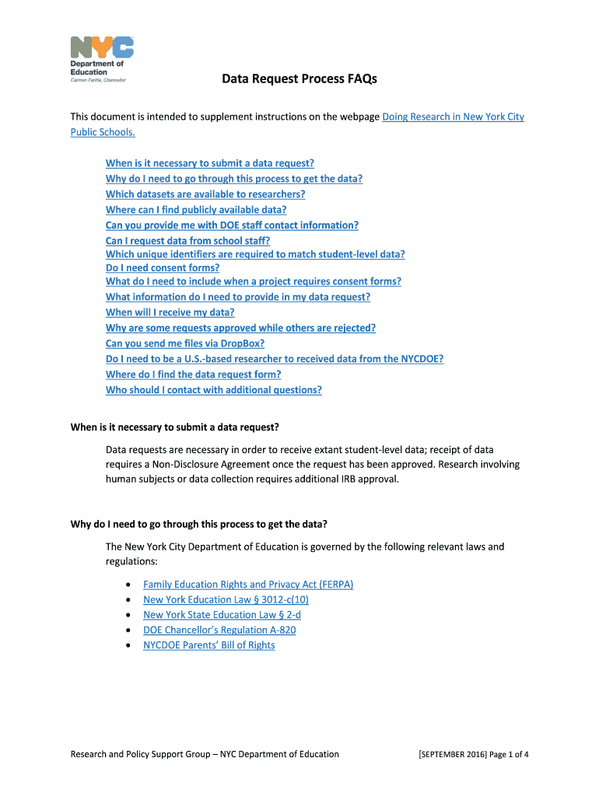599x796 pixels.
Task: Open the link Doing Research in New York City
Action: coord(454,117)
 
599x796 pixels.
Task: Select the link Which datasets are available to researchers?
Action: coord(205,194)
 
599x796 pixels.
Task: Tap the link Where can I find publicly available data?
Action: coord(196,210)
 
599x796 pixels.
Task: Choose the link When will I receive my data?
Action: coord(170,312)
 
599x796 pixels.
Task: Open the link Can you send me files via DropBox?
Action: coord(185,344)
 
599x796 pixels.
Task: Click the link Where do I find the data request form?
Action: coord(193,375)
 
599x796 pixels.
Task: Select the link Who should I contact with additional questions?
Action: coord(213,390)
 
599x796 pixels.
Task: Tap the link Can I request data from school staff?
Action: coord(187,241)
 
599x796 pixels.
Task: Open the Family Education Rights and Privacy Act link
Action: coord(248,585)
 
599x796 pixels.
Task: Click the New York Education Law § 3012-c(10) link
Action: coord(226,600)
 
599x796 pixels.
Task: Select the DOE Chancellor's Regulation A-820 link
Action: coord(219,630)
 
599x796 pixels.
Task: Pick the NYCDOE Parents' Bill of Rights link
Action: coord(208,645)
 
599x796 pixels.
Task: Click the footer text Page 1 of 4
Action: coord(509,754)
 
